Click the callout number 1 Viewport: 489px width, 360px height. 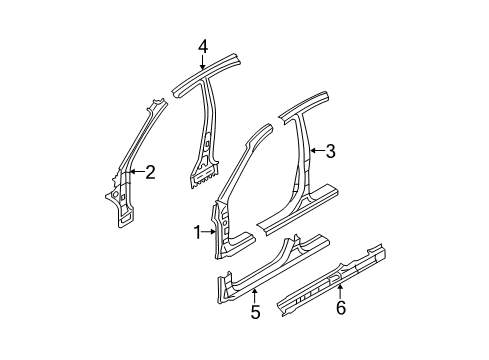pyautogui.click(x=198, y=261)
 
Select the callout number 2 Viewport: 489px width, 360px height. pyautogui.click(x=150, y=173)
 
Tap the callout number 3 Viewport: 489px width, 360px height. pyautogui.click(x=330, y=152)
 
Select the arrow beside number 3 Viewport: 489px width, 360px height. pyautogui.click(x=316, y=152)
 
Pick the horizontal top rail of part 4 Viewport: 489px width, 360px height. pyautogui.click(x=215, y=74)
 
